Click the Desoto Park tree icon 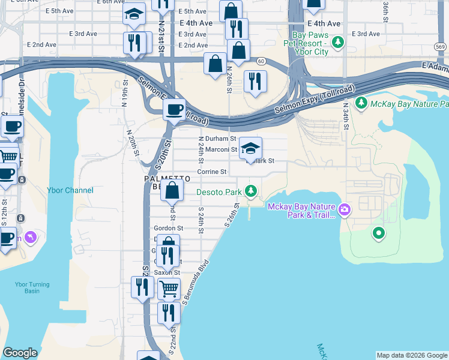click(x=251, y=192)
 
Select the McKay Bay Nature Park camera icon click(x=345, y=209)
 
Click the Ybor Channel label click(x=70, y=190)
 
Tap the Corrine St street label click(x=212, y=172)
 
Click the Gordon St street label click(x=168, y=228)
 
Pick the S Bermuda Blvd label click(x=195, y=282)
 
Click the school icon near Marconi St click(x=250, y=148)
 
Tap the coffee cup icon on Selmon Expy click(x=175, y=110)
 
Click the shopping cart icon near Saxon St click(x=169, y=289)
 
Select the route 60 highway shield click(x=261, y=61)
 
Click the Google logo click(x=20, y=353)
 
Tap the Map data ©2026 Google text click(x=411, y=355)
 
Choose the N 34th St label click(x=346, y=116)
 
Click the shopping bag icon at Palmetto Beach click(x=172, y=191)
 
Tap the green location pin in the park click(x=378, y=233)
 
